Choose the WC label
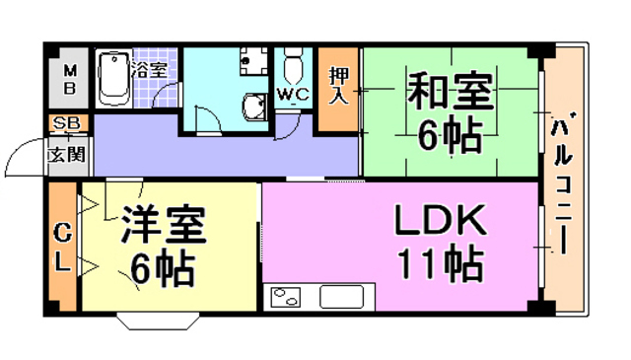click(x=292, y=95)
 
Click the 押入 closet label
click(x=338, y=87)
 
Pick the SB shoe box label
click(x=66, y=124)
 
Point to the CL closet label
click(x=63, y=249)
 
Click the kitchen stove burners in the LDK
click(x=286, y=297)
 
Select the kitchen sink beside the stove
click(x=342, y=297)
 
